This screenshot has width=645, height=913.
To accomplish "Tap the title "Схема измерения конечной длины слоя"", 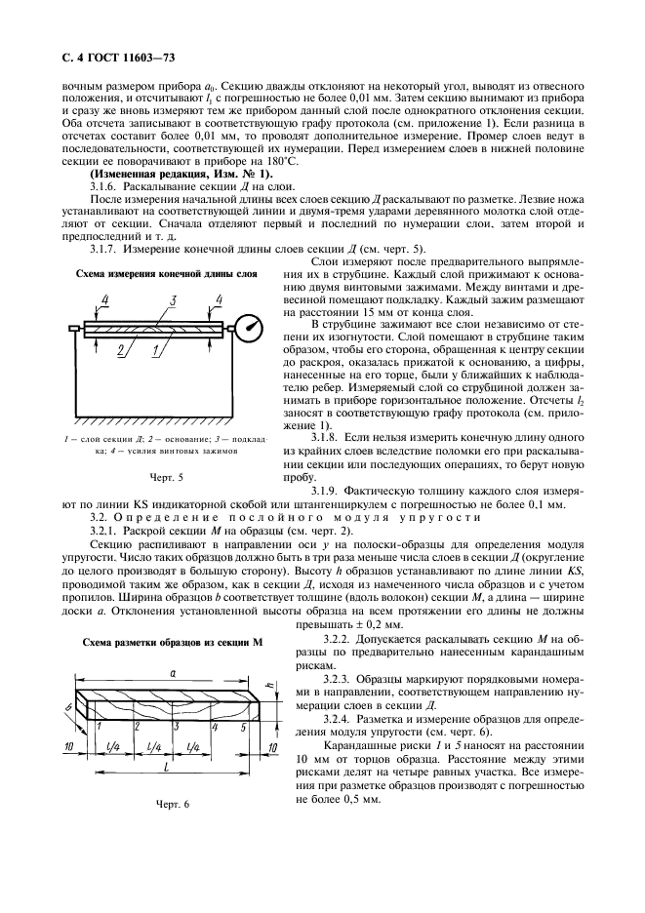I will tap(167, 276).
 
